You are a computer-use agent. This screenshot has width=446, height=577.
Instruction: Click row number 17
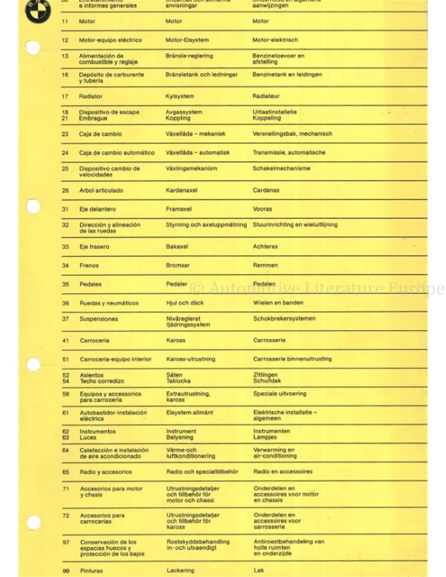pyautogui.click(x=65, y=97)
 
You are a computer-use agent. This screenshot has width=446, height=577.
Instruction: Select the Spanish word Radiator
pyautogui.click(x=90, y=97)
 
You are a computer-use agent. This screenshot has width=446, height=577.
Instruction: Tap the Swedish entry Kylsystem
pyautogui.click(x=180, y=97)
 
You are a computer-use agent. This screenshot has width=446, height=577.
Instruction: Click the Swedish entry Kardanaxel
pyautogui.click(x=181, y=190)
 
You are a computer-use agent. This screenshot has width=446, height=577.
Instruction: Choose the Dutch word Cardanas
pyautogui.click(x=266, y=190)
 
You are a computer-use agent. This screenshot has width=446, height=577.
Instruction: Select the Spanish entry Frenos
pyautogui.click(x=89, y=265)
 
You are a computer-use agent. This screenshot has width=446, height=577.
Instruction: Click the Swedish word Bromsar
pyautogui.click(x=178, y=265)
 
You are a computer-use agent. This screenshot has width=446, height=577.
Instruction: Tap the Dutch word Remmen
pyautogui.click(x=266, y=265)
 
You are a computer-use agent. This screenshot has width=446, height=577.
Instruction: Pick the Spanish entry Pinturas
pyautogui.click(x=91, y=571)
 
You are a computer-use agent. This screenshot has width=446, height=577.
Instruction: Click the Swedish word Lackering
pyautogui.click(x=180, y=571)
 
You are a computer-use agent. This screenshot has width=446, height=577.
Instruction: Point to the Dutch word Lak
pyautogui.click(x=259, y=570)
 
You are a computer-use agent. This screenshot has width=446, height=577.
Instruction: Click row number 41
pyautogui.click(x=66, y=340)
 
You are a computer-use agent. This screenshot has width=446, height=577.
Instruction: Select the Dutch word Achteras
pyautogui.click(x=266, y=246)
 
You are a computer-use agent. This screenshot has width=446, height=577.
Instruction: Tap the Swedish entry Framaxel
pyautogui.click(x=179, y=209)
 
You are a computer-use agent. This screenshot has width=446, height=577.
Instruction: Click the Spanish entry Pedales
pyautogui.click(x=90, y=284)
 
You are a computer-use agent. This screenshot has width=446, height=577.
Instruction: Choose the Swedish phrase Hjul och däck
pyautogui.click(x=185, y=303)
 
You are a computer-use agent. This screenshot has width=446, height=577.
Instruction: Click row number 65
pyautogui.click(x=66, y=472)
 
